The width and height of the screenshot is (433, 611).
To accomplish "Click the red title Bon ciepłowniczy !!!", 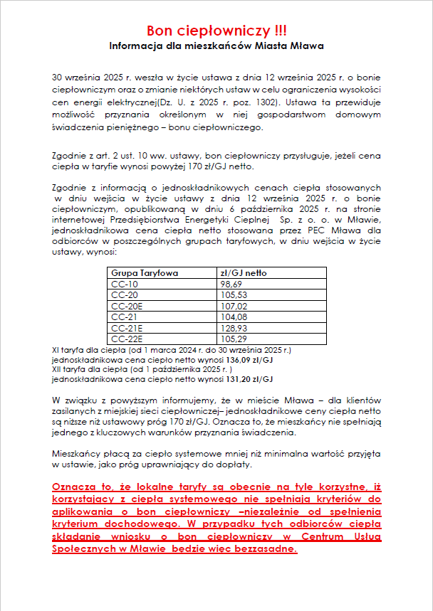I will click(x=216, y=31).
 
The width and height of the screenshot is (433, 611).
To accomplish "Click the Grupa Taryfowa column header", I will click(x=145, y=272).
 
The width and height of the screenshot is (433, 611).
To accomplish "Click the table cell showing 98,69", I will click(x=231, y=283).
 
